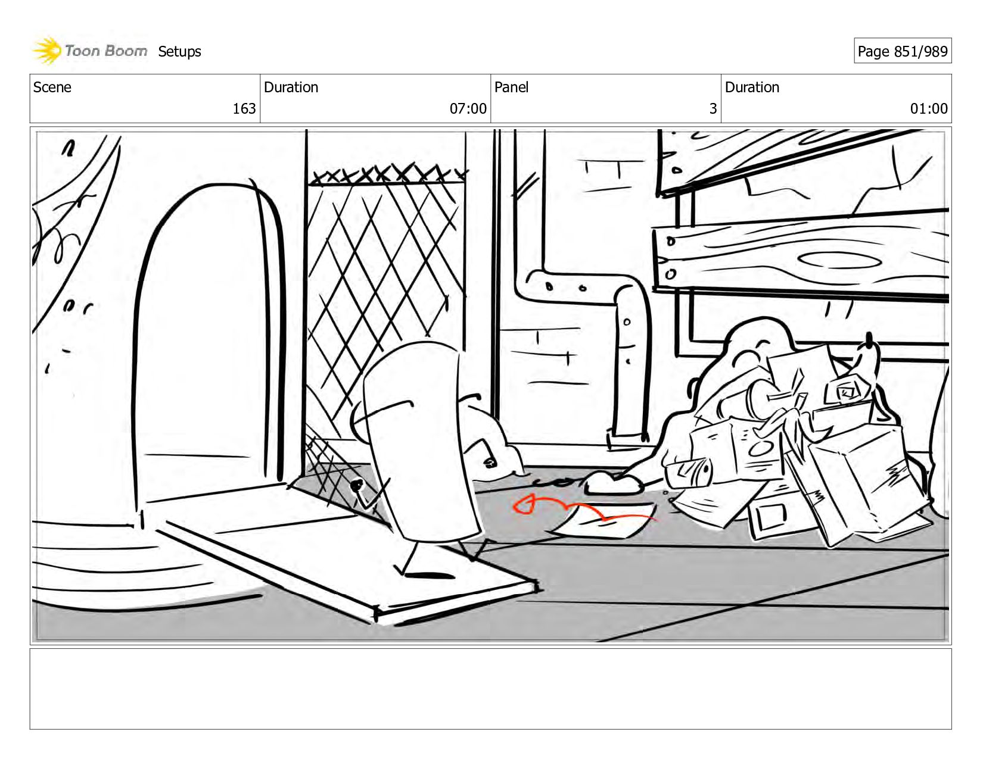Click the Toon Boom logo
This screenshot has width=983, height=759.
pos(89,51)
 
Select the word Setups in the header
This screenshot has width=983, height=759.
pos(179,52)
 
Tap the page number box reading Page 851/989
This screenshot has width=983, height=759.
pos(902,51)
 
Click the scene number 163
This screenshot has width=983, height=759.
pos(244,108)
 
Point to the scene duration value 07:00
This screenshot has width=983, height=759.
pos(468,108)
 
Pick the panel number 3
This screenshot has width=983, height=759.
pos(713,108)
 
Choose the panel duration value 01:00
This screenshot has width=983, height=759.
pos(928,108)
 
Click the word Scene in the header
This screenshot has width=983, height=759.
pos(52,88)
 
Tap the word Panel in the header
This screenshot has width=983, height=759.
pos(511,88)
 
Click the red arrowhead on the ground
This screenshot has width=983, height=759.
pos(524,505)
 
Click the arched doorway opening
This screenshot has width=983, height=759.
pos(203,333)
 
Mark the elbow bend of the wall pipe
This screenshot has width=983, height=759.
pos(626,292)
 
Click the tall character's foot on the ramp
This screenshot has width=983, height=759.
pos(429,575)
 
